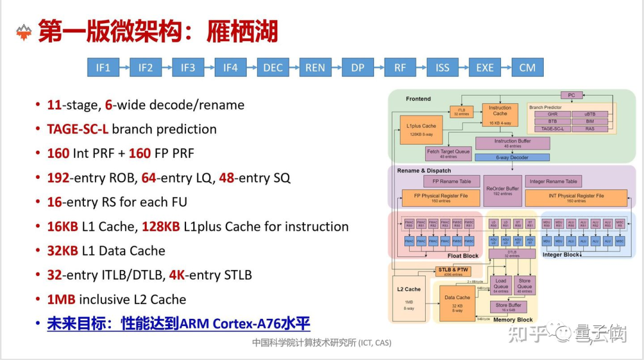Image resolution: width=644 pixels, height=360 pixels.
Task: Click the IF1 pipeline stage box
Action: pyautogui.click(x=103, y=67)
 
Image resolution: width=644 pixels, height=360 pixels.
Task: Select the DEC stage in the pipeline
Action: pyautogui.click(x=273, y=67)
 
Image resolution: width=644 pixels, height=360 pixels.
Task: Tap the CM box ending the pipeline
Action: pyautogui.click(x=527, y=67)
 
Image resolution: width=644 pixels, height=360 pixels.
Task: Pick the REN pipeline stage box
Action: pyautogui.click(x=315, y=67)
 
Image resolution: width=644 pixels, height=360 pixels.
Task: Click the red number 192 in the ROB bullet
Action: pyautogui.click(x=58, y=178)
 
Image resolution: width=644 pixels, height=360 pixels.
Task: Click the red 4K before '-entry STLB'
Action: pyautogui.click(x=176, y=275)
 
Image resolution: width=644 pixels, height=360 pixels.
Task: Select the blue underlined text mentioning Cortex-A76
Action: pyautogui.click(x=179, y=324)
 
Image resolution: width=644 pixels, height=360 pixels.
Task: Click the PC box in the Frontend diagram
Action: pyautogui.click(x=571, y=95)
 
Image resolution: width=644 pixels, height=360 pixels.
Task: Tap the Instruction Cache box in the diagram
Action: pyautogui.click(x=500, y=114)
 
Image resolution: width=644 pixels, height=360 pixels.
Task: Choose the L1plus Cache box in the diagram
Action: pyautogui.click(x=421, y=130)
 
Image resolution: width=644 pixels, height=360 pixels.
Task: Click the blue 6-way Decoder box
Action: pyautogui.click(x=512, y=157)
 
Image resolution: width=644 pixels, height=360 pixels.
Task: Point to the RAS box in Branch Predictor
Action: pyautogui.click(x=590, y=129)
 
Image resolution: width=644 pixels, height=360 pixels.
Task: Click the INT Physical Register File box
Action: pyautogui.click(x=576, y=197)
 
